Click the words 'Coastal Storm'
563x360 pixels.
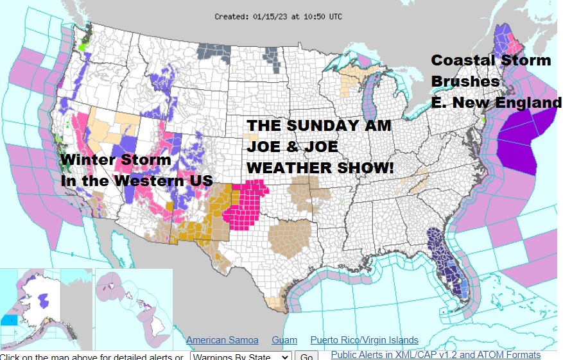490,60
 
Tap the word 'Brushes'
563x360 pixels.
465,81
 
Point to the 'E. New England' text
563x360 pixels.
496,103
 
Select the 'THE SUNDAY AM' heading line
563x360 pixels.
319,126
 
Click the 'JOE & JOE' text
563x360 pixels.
292,147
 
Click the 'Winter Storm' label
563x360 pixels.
116,160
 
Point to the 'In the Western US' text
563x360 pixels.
136,181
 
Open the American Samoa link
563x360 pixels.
222,340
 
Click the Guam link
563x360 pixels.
284,340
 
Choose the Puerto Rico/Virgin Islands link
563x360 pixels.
364,340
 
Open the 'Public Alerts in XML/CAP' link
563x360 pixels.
435,355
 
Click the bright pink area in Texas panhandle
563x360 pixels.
247,205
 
